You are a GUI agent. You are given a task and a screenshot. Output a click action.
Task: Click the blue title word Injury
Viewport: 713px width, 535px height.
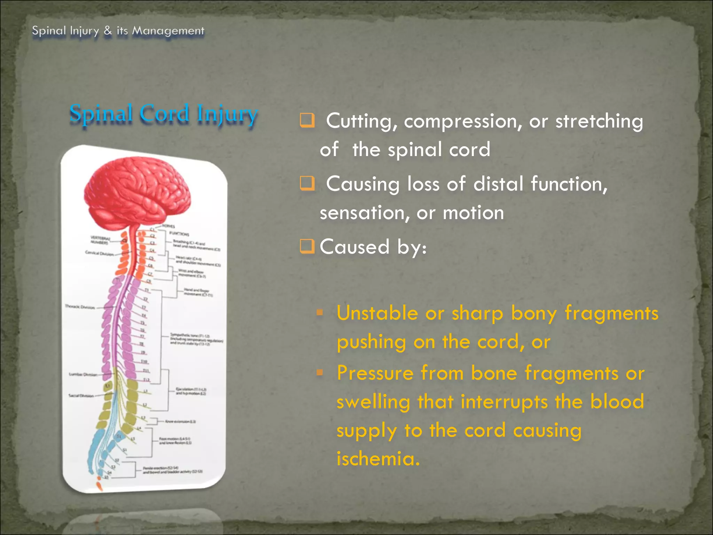point(227,114)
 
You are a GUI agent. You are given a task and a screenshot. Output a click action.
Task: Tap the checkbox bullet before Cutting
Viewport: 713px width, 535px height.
point(307,121)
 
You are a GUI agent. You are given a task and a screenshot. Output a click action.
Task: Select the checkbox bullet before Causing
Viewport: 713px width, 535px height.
point(307,184)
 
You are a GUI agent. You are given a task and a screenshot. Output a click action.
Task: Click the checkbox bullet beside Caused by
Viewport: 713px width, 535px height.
point(307,247)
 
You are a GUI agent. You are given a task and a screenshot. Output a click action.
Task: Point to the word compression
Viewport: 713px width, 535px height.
point(463,122)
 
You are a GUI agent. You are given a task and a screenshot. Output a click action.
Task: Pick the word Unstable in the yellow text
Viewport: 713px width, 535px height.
point(377,313)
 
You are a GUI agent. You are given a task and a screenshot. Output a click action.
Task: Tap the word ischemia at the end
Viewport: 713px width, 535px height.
point(378,458)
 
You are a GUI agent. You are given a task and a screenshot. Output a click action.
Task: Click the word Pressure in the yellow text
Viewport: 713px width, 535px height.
point(375,373)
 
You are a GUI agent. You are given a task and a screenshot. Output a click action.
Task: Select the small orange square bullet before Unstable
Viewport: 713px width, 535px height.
point(320,312)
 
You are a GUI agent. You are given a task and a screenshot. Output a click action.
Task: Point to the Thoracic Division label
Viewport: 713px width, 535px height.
point(80,307)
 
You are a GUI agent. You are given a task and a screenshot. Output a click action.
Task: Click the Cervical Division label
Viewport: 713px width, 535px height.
point(100,253)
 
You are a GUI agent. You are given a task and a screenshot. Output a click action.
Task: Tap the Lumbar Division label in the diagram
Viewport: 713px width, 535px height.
point(83,374)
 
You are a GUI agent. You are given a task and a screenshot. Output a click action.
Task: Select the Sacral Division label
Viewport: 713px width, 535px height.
point(81,396)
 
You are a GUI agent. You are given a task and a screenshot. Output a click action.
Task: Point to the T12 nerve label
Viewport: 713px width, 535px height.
point(147,380)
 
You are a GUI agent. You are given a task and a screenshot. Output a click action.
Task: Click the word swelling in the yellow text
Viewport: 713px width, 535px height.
point(373,402)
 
